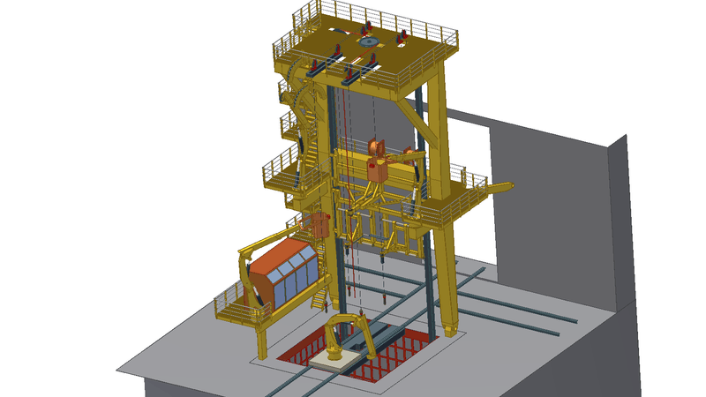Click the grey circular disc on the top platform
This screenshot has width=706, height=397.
[x=368, y=41]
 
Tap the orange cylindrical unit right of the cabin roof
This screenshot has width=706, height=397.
[x=319, y=225]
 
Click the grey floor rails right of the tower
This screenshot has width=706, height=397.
[x=512, y=304]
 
